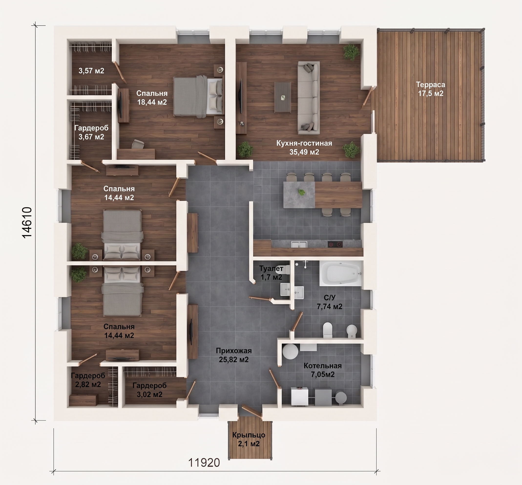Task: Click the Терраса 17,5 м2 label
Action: (x=430, y=89)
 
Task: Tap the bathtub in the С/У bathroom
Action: (x=341, y=274)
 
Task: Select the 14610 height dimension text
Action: (x=27, y=222)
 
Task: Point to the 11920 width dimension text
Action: (x=204, y=463)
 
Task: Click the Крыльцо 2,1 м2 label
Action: (x=249, y=439)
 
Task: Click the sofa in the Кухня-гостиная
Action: (x=308, y=98)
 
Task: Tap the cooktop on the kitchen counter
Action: (x=335, y=244)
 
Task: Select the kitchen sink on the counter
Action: (x=299, y=244)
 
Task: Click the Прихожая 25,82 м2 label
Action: (x=234, y=355)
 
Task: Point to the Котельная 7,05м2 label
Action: (x=323, y=370)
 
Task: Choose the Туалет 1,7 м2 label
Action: (x=271, y=273)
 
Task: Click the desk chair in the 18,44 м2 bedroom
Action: (x=138, y=144)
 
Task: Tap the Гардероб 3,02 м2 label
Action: (x=149, y=390)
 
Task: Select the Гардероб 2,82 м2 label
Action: (x=88, y=380)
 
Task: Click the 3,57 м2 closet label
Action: (x=91, y=71)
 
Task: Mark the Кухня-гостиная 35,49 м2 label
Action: (x=304, y=147)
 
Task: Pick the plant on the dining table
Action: (x=302, y=192)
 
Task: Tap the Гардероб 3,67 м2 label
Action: (x=91, y=132)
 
